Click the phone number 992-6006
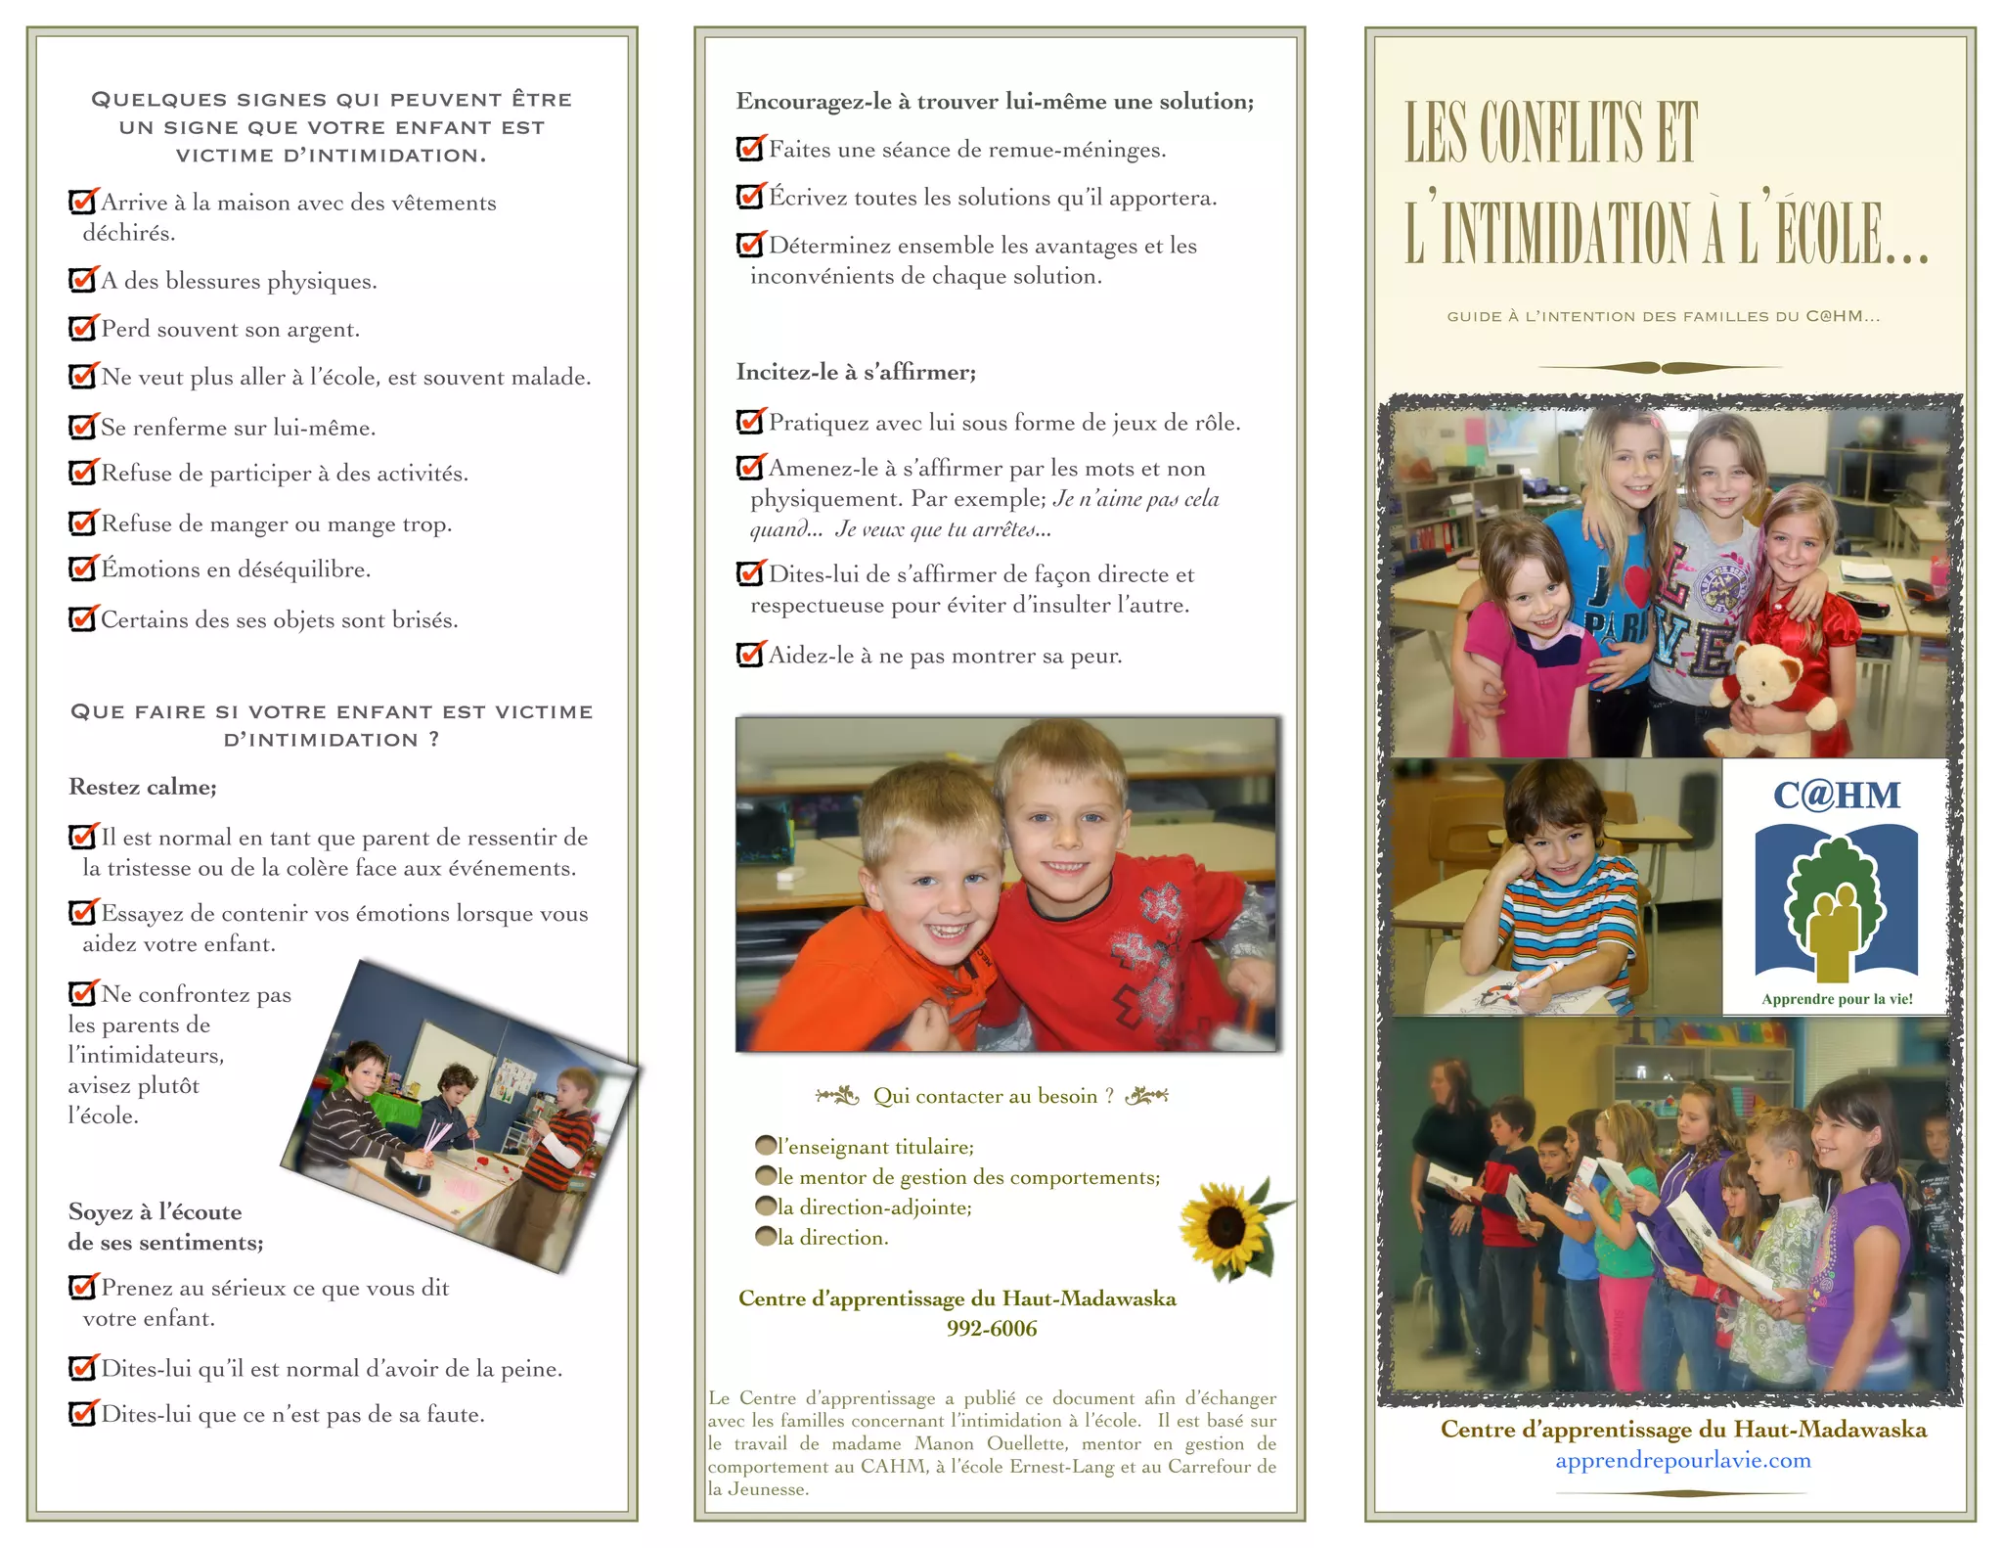pyautogui.click(x=991, y=1329)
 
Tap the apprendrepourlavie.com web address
pyautogui.click(x=1682, y=1461)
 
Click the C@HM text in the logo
pyautogui.click(x=1836, y=796)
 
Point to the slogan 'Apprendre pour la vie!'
pyautogui.click(x=1837, y=999)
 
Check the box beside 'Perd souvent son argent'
pyautogui.click(x=82, y=328)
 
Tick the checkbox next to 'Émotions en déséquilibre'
pyautogui.click(x=82, y=569)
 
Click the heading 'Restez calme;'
pyautogui.click(x=143, y=787)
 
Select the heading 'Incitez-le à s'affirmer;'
pyautogui.click(x=856, y=372)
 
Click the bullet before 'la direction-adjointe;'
pyautogui.click(x=766, y=1207)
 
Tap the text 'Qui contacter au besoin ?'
pyautogui.click(x=993, y=1096)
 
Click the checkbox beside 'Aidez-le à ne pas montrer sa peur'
pyautogui.click(x=749, y=655)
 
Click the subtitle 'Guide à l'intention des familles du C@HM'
pyautogui.click(x=1663, y=316)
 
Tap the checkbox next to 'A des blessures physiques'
pyautogui.click(x=82, y=280)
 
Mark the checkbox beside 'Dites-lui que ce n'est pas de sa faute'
pyautogui.click(x=82, y=1414)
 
